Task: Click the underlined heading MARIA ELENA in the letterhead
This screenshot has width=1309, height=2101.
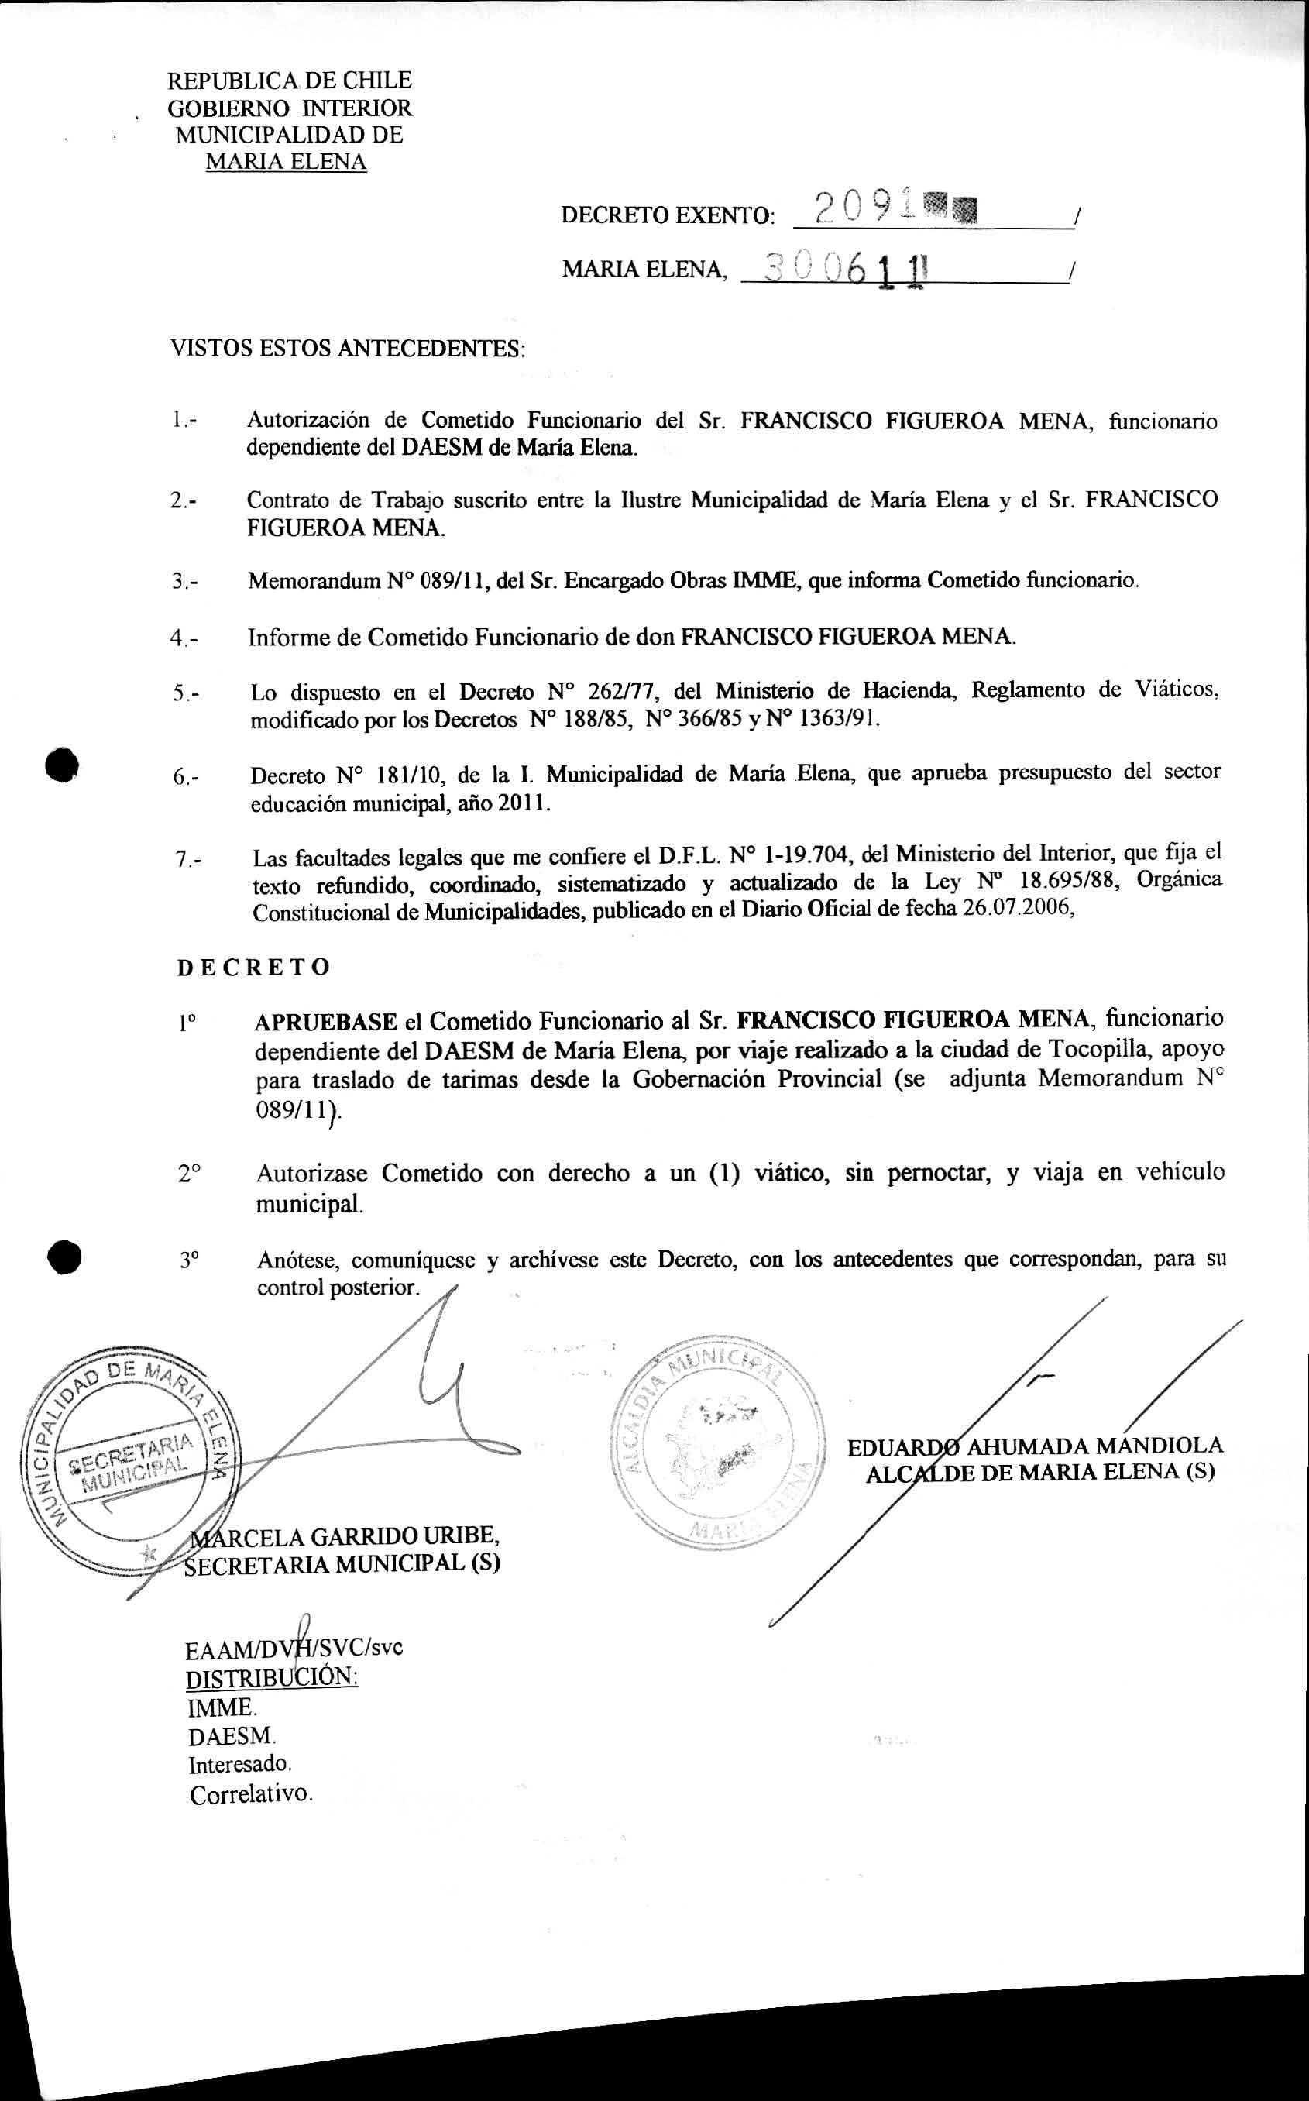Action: tap(286, 162)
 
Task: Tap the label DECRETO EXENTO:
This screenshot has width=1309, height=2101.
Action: tap(668, 215)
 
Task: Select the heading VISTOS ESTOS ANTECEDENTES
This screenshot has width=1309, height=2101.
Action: tap(347, 349)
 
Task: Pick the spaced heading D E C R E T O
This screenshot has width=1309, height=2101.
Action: tap(253, 967)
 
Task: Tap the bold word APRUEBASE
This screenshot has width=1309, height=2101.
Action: tap(325, 1022)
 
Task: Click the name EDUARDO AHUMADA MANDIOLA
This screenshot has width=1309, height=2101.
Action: tap(1035, 1446)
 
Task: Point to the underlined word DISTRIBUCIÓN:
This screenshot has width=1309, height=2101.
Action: tap(272, 1678)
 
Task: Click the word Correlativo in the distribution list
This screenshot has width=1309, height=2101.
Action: tap(251, 1794)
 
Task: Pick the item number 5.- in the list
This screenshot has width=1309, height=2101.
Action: tap(185, 693)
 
